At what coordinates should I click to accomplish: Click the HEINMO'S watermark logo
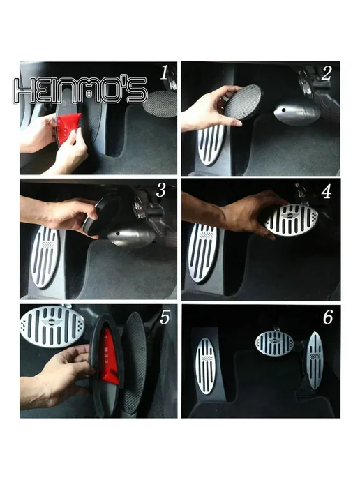point(80,90)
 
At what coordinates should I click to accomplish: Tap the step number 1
point(165,73)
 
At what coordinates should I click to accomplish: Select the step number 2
point(326,73)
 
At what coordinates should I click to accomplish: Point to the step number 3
point(161,190)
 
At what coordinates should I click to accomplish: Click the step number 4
point(327,192)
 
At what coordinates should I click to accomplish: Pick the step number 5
point(165,317)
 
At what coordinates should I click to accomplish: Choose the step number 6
point(327,317)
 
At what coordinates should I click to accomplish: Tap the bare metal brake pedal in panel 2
point(297,113)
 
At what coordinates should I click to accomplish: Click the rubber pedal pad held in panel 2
point(243,102)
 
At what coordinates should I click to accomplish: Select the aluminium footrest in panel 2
point(211,144)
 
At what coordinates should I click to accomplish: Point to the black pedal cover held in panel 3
point(100,214)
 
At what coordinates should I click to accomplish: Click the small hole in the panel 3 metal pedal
point(117,234)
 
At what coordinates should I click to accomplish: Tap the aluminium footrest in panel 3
point(45,257)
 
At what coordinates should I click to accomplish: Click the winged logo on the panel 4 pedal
point(290,216)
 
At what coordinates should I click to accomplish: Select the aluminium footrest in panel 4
point(202,253)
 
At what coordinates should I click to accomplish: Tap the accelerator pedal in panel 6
point(315,360)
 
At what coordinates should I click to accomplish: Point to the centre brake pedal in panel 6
point(274,343)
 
